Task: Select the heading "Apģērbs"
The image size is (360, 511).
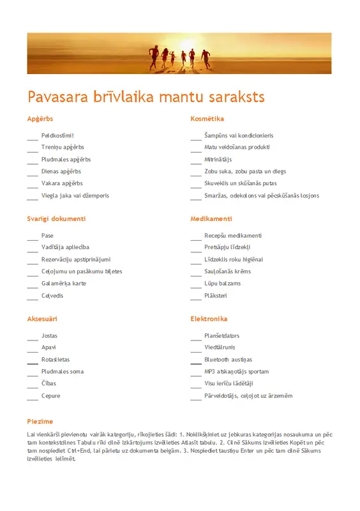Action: [x=40, y=119]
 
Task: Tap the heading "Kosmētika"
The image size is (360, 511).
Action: [x=207, y=119]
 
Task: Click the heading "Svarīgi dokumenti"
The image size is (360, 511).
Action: [x=56, y=218]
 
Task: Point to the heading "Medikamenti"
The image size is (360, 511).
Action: [x=211, y=218]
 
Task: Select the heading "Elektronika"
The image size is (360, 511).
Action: [x=209, y=319]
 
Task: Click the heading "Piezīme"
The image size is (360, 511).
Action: [x=40, y=422]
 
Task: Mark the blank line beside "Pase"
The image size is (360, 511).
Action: [x=33, y=236]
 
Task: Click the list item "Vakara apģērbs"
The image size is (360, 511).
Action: [x=62, y=183]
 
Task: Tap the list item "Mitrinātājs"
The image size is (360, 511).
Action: [x=218, y=159]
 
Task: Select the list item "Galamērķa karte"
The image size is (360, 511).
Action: [x=63, y=283]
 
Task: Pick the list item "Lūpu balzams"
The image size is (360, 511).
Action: [x=222, y=283]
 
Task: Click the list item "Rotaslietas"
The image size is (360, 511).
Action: [x=56, y=360]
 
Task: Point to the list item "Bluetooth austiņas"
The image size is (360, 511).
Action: [x=228, y=360]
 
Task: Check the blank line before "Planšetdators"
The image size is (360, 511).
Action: [x=196, y=337]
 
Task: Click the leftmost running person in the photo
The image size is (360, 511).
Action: [x=153, y=57]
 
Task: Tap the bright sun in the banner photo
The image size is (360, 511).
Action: [x=190, y=43]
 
